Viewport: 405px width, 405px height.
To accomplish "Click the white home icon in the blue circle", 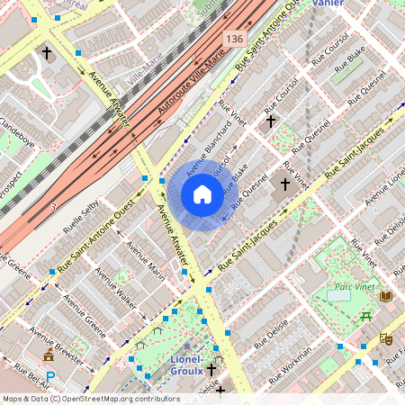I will [x=202, y=194].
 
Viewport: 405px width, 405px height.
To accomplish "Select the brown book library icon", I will [x=386, y=295].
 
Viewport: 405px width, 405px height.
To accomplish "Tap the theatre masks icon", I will [x=386, y=338].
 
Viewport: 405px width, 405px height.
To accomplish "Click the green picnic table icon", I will [x=365, y=316].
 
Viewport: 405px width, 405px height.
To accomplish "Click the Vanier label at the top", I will [x=327, y=4].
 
